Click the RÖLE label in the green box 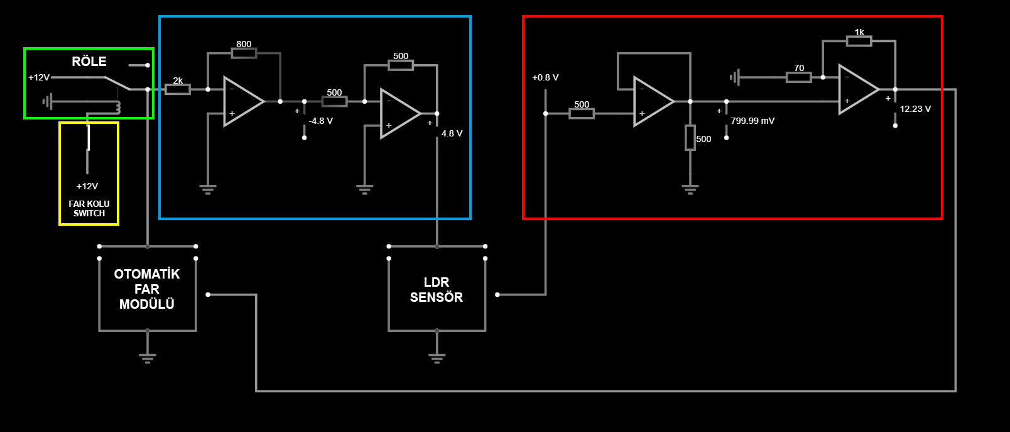89,62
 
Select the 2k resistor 178,89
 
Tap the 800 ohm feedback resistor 244,53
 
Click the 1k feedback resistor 859,41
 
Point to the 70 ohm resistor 798,77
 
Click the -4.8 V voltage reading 320,121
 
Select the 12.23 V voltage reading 915,109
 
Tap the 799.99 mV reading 752,121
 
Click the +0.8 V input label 545,77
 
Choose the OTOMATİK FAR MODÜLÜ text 147,289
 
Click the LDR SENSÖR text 437,290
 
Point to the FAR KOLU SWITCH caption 89,209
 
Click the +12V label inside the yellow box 87,186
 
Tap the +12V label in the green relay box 39,77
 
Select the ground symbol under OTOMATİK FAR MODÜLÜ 148,358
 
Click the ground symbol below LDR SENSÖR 437,358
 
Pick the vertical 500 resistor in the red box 690,138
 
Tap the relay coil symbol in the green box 118,108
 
